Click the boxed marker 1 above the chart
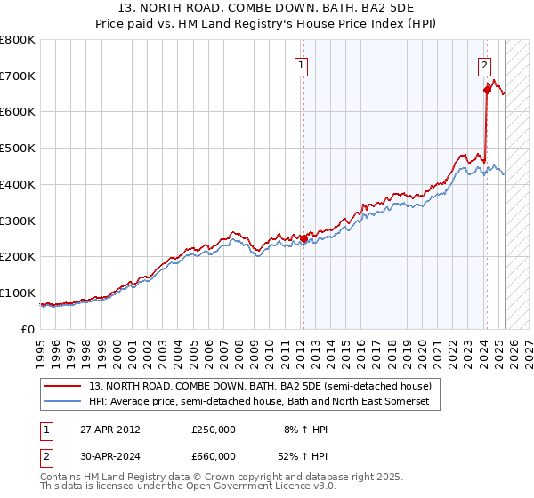tap(302, 64)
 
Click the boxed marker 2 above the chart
tap(485, 64)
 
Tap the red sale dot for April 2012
tap(303, 238)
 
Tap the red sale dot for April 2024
tap(487, 89)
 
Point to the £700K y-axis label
tap(18, 76)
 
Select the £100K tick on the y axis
tap(18, 293)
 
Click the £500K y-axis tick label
tap(18, 148)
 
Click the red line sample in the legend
tap(63, 386)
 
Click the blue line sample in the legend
tap(63, 402)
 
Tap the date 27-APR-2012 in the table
tap(109, 429)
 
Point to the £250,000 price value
tap(214, 429)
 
